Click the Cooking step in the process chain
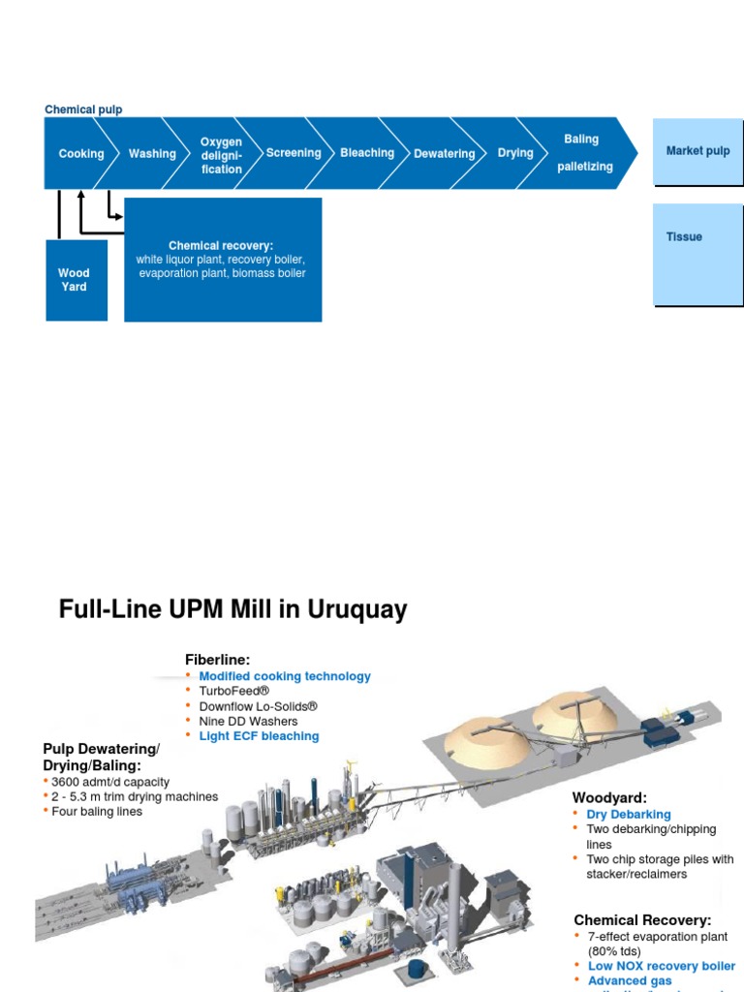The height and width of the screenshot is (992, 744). pos(80,154)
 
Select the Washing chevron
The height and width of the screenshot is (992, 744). pos(152,154)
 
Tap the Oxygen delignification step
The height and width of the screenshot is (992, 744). pos(221,155)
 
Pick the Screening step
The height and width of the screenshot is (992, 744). pos(294,153)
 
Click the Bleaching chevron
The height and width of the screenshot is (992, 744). pos(367,153)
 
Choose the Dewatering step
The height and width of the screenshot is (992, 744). pos(444,154)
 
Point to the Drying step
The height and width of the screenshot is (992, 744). pos(515,153)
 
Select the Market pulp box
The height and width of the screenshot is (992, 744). pos(697,151)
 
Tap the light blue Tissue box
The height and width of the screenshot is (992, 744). pos(697,254)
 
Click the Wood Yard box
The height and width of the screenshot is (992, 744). pos(75,280)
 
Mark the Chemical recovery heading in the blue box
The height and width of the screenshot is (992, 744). pos(221,246)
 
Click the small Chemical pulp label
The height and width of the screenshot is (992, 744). pos(83,109)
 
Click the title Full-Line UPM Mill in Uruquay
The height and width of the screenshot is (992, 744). pos(232,609)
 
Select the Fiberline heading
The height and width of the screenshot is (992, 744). pos(217,660)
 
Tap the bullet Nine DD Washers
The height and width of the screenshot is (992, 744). pos(248,721)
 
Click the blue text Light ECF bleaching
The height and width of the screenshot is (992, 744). pos(259,736)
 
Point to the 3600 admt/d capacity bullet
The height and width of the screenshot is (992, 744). pos(110,782)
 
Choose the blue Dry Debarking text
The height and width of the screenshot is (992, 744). pos(628,815)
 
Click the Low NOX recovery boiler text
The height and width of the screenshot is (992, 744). pos(661,966)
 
